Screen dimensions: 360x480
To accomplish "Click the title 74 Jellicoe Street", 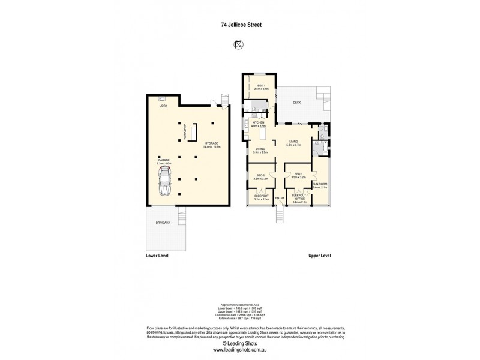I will pyautogui.click(x=240, y=25).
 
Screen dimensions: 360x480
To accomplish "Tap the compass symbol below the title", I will pyautogui.click(x=240, y=44).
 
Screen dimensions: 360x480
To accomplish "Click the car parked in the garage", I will pyautogui.click(x=164, y=182).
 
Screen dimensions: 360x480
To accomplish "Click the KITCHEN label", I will pyautogui.click(x=259, y=123).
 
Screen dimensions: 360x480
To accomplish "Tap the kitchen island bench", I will pyautogui.click(x=262, y=134).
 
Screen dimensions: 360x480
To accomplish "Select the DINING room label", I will pyautogui.click(x=260, y=151).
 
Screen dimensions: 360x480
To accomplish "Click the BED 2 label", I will pyautogui.click(x=260, y=175).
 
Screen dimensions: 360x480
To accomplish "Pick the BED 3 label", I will pyautogui.click(x=298, y=175).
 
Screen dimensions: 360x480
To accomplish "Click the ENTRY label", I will pyautogui.click(x=279, y=197).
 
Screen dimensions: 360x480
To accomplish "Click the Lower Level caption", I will pyautogui.click(x=158, y=255).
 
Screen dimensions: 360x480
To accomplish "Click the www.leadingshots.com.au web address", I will pyautogui.click(x=240, y=349).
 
